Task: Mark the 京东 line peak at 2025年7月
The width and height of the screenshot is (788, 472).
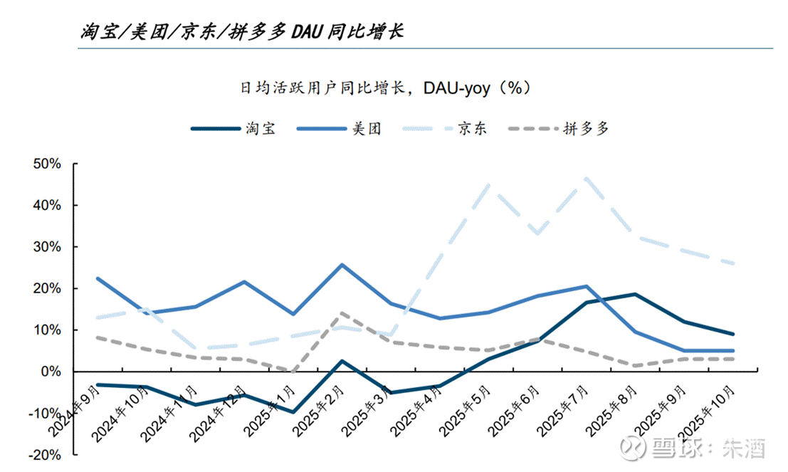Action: point(586,177)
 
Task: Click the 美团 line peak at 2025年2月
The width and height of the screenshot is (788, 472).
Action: point(342,265)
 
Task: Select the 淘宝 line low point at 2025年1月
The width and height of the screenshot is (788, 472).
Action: point(293,411)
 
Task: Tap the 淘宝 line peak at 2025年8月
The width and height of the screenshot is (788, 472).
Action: point(634,294)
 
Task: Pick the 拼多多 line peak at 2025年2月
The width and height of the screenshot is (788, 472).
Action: point(342,313)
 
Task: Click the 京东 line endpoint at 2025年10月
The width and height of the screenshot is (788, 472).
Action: point(733,263)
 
